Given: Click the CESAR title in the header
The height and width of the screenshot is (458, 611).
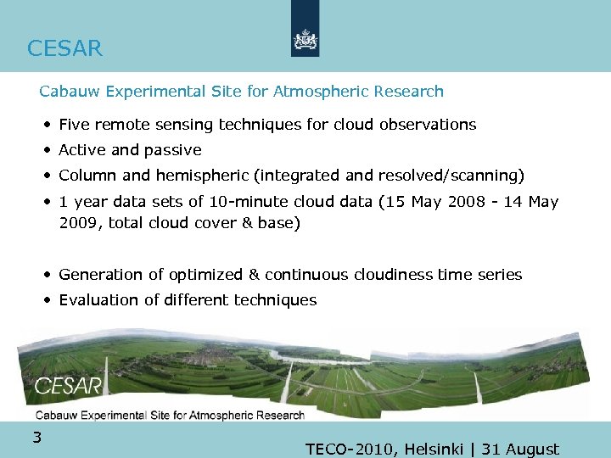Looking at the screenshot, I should pyautogui.click(x=64, y=48).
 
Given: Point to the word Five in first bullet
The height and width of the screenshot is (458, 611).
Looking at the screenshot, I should pyautogui.click(x=75, y=125).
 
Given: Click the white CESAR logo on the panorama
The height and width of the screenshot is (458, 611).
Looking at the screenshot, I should pyautogui.click(x=68, y=387).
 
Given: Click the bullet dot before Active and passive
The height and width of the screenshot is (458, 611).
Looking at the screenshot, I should pyautogui.click(x=49, y=151).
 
